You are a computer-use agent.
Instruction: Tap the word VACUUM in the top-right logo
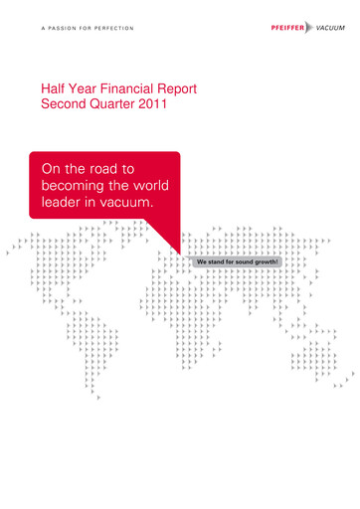click(x=331, y=29)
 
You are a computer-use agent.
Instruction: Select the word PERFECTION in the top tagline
click(x=131, y=29)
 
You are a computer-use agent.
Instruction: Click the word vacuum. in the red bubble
click(x=125, y=203)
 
